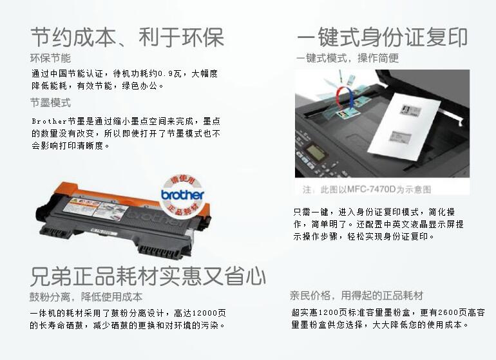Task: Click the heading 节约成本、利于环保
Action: tap(127, 37)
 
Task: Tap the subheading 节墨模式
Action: tap(50, 102)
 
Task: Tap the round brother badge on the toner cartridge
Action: tap(182, 193)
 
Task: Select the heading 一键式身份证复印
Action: tap(381, 37)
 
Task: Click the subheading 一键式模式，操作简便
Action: tap(347, 58)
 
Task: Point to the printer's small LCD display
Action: tap(316, 155)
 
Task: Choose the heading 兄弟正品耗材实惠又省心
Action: tap(148, 276)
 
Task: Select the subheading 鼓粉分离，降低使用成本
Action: tap(86, 297)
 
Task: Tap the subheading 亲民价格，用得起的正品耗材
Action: tap(356, 296)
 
